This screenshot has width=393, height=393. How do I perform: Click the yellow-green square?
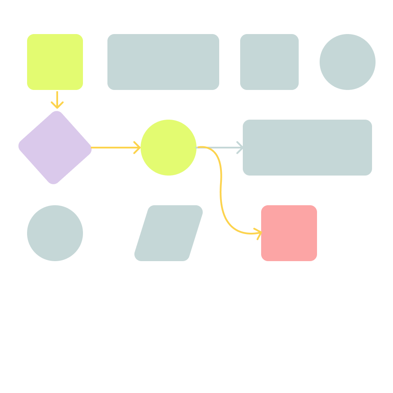click(55, 62)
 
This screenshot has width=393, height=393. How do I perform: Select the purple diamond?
click(55, 148)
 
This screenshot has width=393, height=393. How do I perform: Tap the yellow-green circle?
click(169, 148)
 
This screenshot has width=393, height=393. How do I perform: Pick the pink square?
click(289, 233)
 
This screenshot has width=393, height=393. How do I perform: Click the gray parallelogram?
click(169, 233)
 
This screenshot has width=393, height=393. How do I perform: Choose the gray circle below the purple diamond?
click(55, 233)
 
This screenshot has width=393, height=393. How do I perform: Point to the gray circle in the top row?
click(348, 62)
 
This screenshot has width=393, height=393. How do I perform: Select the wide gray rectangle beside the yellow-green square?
click(163, 62)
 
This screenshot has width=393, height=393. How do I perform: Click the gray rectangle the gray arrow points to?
click(307, 148)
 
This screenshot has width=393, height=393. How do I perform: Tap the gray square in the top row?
click(269, 62)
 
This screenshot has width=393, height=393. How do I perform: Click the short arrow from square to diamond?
click(57, 98)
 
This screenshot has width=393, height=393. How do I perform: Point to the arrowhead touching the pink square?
click(259, 233)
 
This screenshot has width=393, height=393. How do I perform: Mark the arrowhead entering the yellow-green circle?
click(138, 148)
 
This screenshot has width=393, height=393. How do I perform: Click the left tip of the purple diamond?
click(19, 146)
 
